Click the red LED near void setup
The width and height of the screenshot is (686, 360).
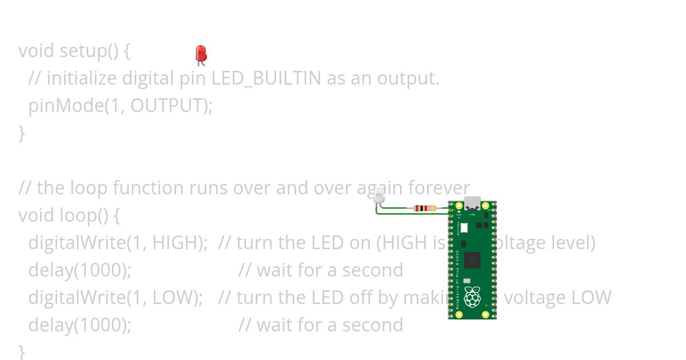201,54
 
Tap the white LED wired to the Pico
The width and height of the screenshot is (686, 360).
378,197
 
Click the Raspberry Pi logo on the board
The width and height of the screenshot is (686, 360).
472,297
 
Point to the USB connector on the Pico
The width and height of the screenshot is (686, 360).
472,203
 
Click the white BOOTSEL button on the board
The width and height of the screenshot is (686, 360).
464,227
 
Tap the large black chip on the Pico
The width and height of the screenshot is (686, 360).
472,260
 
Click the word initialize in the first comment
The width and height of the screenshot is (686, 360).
82,78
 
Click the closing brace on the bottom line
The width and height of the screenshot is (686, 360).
22,350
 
